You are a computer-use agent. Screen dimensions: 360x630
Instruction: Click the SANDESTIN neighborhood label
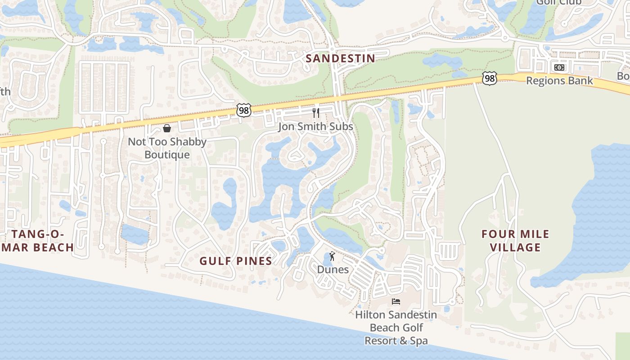(x=340, y=58)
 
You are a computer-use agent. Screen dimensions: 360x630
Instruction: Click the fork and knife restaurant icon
(x=316, y=112)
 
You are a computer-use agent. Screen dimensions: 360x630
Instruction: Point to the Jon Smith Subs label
(x=315, y=126)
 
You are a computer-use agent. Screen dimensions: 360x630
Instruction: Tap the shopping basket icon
(x=167, y=129)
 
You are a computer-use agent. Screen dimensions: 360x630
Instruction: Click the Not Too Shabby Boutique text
(x=167, y=148)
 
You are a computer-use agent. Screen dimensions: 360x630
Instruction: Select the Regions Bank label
(x=559, y=81)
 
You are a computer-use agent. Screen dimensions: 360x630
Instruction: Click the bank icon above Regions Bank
(x=559, y=67)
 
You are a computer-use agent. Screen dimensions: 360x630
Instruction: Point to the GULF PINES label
(x=236, y=261)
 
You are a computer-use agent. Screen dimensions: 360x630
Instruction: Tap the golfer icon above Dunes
(x=333, y=256)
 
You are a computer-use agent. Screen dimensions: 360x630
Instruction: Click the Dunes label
(x=333, y=270)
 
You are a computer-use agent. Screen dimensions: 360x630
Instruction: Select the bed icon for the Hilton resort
(x=396, y=301)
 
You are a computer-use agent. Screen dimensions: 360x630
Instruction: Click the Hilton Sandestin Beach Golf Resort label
(x=396, y=328)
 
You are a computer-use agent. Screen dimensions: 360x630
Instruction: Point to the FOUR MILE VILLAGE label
(x=515, y=240)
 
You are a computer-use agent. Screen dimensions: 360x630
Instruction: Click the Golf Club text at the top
(x=558, y=3)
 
